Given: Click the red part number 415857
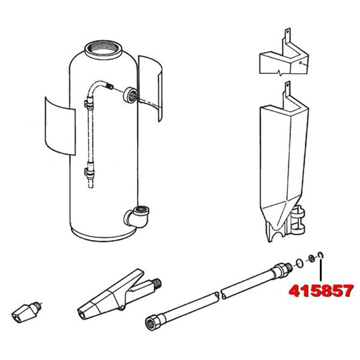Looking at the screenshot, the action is tap(321, 290).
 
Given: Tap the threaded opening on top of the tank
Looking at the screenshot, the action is tap(103, 50).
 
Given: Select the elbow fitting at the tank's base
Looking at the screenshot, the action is tap(137, 217).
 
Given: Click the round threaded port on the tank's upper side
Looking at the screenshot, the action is tap(130, 95).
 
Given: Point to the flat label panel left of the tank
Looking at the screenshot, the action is tap(60, 126).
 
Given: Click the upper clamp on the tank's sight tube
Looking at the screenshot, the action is tap(89, 104).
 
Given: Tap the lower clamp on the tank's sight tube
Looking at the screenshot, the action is tap(89, 171).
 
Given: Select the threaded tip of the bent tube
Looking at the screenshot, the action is tap(110, 86).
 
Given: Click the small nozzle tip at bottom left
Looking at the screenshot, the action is tap(26, 312).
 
